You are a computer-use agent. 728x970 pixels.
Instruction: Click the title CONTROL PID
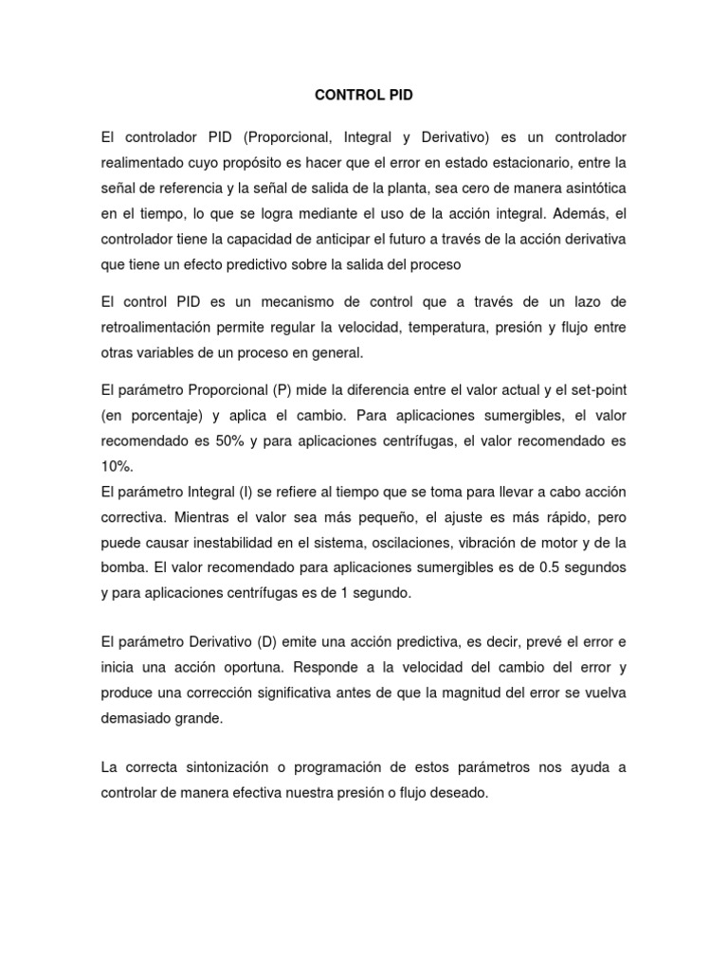[363, 96]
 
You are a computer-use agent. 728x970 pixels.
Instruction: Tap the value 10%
[117, 466]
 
